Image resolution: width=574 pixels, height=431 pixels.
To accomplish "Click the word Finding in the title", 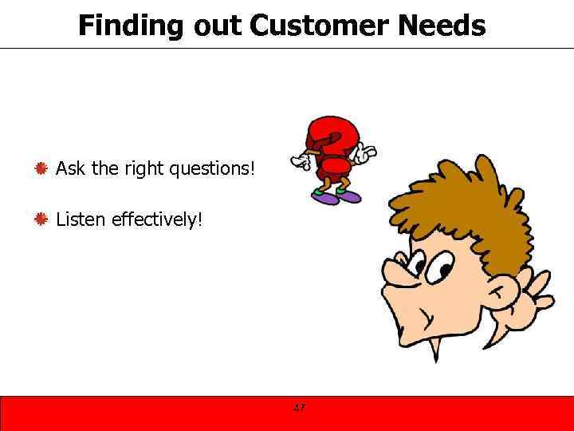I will coord(131,26).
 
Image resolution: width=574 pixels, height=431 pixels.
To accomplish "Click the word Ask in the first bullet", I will coord(69,168).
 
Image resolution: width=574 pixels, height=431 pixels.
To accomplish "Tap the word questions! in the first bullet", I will coord(212,168).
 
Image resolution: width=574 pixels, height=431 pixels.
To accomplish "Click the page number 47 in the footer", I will coord(299,408).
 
